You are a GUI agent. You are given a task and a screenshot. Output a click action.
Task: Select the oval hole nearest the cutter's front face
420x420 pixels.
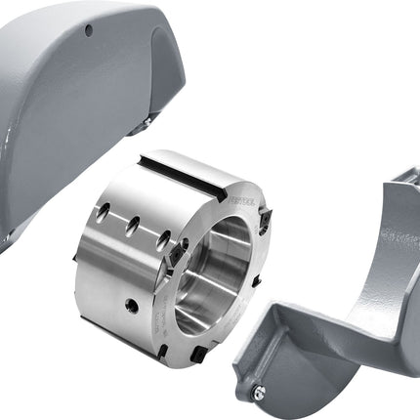163,237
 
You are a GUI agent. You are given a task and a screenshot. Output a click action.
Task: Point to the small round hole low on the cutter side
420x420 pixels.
131,305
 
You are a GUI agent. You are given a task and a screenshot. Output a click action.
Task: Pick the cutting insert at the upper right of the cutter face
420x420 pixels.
262,223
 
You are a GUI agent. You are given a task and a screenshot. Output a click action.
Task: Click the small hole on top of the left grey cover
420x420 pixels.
89,30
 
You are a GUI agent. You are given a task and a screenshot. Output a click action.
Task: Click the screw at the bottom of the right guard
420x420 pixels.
258,393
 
